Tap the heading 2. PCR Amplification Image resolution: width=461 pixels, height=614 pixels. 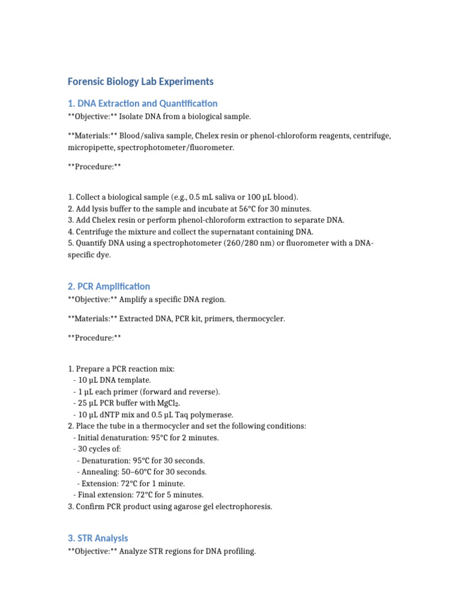[109, 287]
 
